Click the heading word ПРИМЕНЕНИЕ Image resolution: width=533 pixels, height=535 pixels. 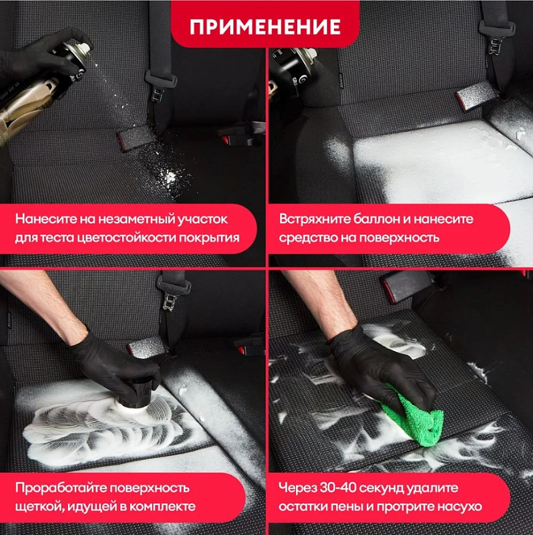(x=265, y=27)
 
